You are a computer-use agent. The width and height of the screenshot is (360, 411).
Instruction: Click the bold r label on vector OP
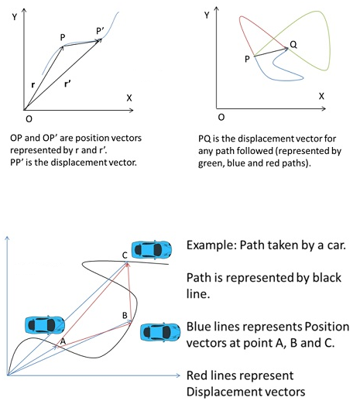[33, 85]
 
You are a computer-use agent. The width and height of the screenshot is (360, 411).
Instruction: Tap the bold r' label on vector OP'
[67, 84]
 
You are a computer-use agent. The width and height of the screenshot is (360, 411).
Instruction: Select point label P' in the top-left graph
[100, 31]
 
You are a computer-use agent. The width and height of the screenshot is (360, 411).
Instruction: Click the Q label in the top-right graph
[293, 45]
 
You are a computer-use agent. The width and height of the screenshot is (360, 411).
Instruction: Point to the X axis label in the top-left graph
[129, 98]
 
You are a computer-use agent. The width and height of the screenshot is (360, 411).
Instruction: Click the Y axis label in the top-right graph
[207, 15]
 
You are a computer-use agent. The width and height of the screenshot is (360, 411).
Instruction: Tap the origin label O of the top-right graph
[221, 117]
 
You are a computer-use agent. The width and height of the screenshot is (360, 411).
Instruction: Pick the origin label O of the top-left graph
[29, 119]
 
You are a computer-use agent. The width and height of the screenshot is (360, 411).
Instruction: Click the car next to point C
[152, 249]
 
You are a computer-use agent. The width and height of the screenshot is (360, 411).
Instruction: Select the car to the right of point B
[160, 332]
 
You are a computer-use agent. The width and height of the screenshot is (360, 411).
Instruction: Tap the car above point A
[45, 325]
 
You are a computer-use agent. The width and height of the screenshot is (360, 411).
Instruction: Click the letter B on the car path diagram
[125, 315]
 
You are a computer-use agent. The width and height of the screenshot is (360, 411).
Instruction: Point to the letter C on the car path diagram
[125, 255]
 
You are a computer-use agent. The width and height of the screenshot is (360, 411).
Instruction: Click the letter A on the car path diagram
[63, 341]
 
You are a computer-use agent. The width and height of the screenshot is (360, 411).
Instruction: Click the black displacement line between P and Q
[271, 52]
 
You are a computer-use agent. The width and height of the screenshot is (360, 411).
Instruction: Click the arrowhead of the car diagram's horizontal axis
[178, 375]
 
